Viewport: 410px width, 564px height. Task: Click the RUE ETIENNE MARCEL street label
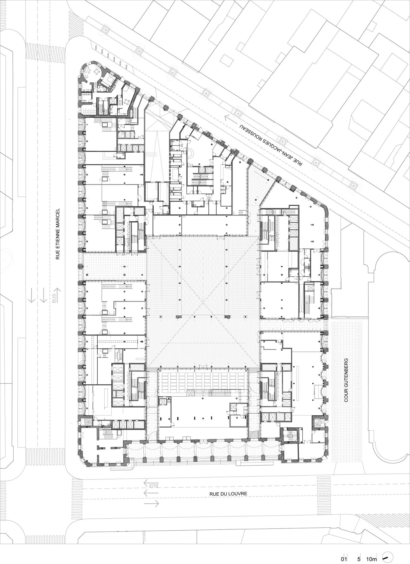[57, 234]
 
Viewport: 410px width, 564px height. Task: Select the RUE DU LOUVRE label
[228, 494]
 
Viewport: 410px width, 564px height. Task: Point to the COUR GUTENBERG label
[346, 380]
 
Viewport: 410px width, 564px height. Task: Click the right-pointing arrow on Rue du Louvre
[151, 504]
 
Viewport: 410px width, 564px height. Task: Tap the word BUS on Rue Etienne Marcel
[54, 299]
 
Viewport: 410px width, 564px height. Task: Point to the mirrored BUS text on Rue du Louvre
[153, 486]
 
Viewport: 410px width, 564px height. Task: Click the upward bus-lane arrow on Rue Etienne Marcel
[59, 296]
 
